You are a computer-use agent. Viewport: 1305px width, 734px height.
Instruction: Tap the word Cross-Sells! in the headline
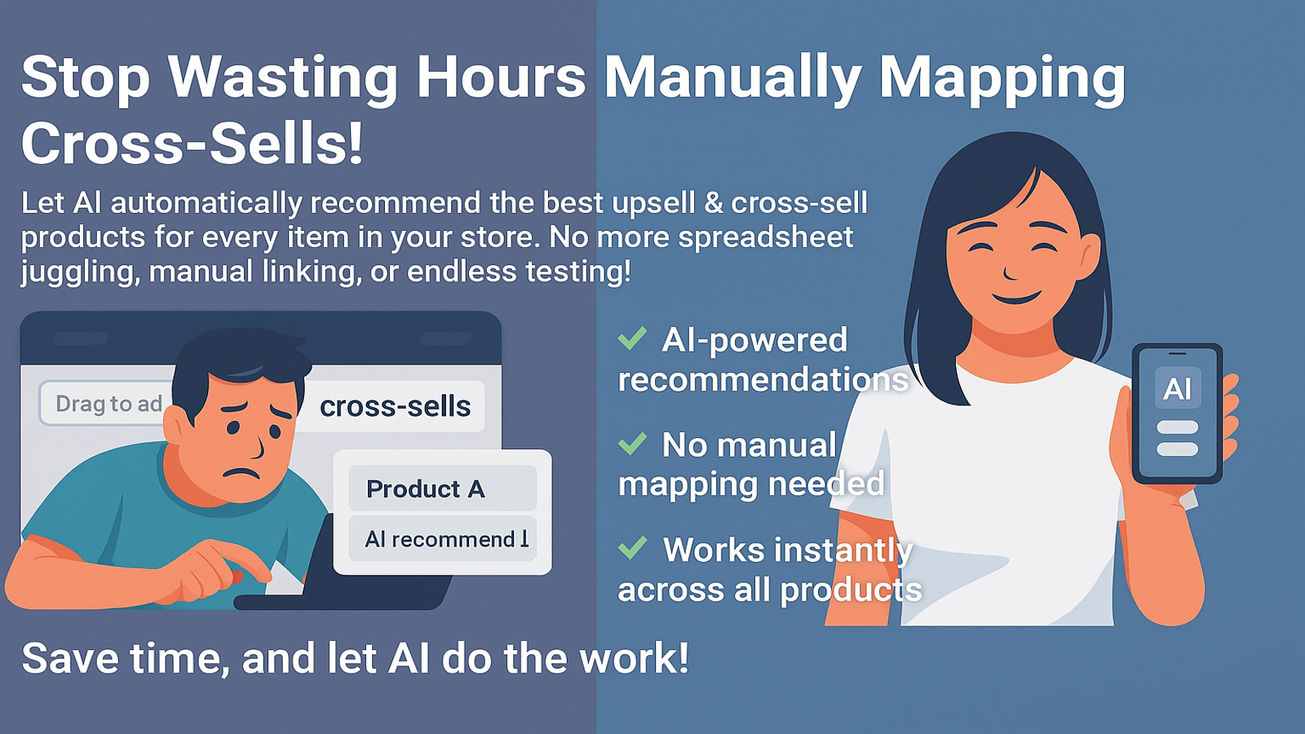(192, 144)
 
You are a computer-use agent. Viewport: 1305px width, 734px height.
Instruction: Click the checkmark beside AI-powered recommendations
(632, 338)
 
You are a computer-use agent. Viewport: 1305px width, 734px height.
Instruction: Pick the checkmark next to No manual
(632, 444)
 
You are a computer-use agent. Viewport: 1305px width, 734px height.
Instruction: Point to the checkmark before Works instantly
(632, 547)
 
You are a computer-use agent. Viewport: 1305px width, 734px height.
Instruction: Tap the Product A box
(442, 489)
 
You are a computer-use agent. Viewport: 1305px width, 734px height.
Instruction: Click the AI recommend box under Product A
(442, 539)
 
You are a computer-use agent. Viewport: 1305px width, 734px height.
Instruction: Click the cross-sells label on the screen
(395, 406)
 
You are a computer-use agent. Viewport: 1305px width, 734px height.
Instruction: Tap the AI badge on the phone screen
(1178, 388)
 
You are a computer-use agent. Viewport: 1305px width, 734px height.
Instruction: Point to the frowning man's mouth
(241, 473)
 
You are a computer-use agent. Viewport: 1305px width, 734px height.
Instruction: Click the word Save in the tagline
(68, 658)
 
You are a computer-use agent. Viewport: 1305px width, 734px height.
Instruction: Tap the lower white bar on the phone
(1178, 449)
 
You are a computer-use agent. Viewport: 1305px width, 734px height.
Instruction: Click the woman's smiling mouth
(1016, 298)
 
